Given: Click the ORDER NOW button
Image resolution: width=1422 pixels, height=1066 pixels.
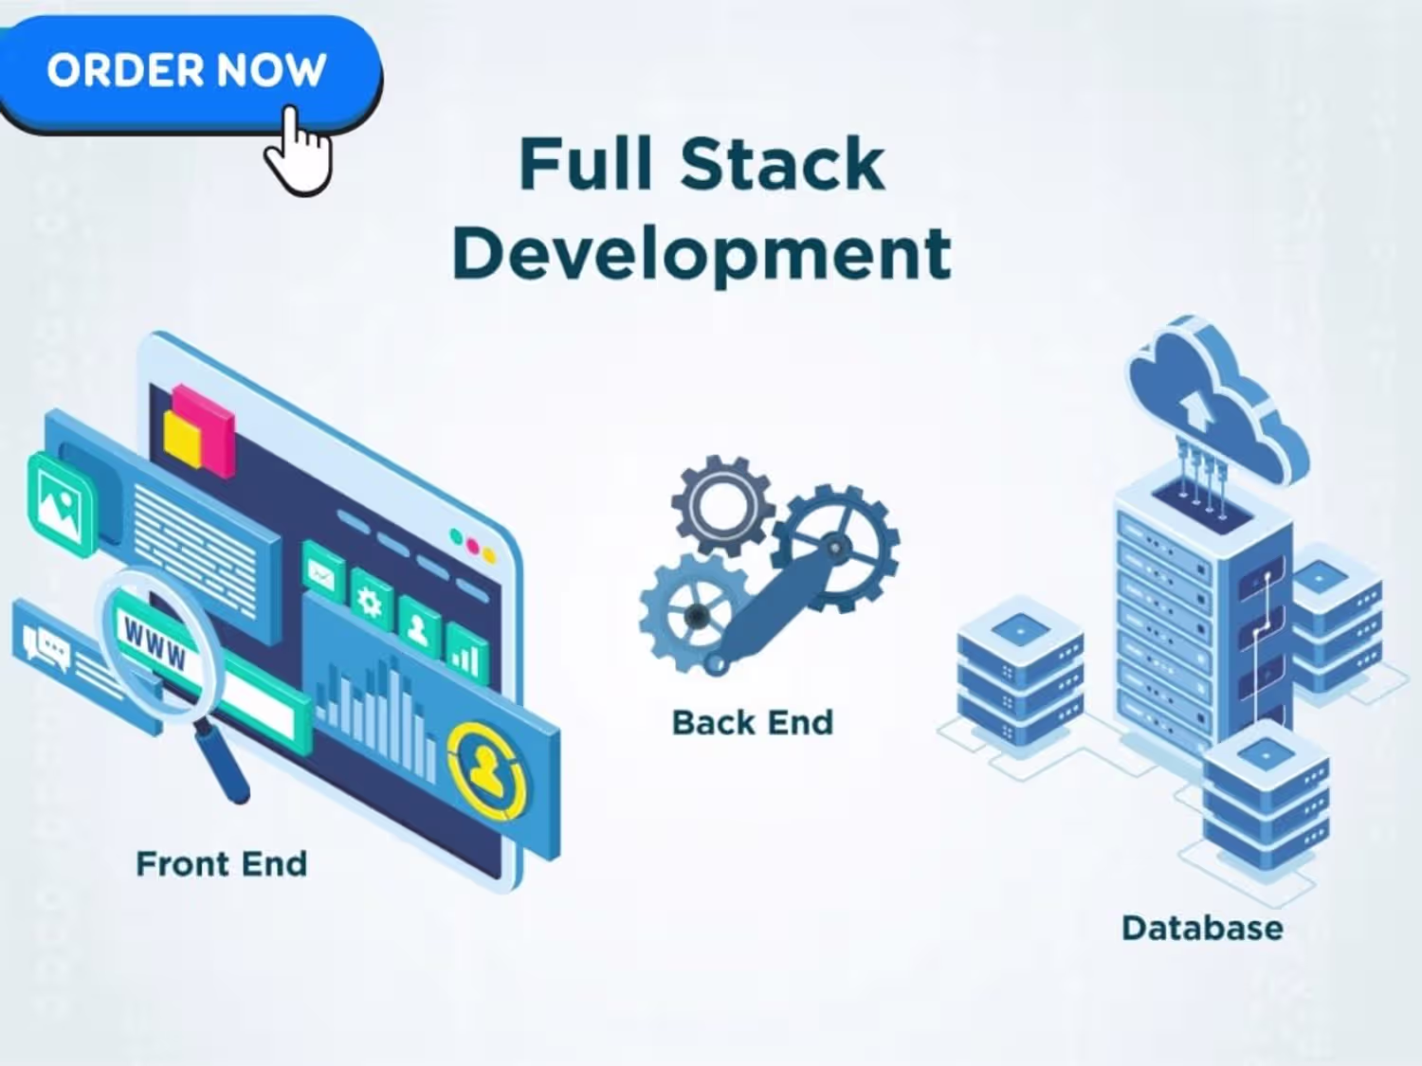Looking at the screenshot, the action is [x=188, y=71].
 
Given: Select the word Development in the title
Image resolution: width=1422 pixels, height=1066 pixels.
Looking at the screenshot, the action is [x=702, y=254].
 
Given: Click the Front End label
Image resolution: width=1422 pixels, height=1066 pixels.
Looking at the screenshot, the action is [x=222, y=864].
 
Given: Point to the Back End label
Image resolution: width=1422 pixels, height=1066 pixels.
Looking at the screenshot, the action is [x=752, y=723].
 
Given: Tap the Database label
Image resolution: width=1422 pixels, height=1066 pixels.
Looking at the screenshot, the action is [x=1202, y=929].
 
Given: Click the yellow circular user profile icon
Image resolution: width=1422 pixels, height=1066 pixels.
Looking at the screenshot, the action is [x=488, y=770].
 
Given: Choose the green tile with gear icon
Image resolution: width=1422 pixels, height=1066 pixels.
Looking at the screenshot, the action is [x=372, y=602].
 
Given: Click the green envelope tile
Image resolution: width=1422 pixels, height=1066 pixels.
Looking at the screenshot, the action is [x=323, y=573].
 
